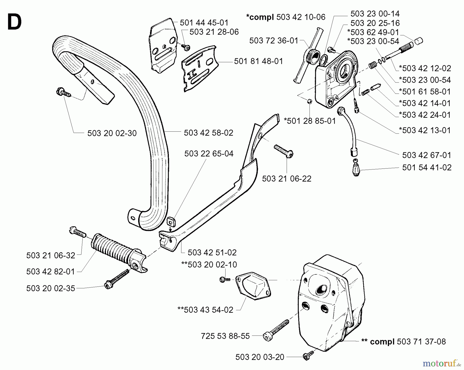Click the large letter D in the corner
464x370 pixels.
point(15,22)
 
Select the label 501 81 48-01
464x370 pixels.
point(258,61)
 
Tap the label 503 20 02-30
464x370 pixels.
point(112,133)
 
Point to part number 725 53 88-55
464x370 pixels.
point(225,336)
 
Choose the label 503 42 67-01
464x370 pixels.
point(427,155)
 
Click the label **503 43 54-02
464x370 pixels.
point(205,310)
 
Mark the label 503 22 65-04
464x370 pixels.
point(209,154)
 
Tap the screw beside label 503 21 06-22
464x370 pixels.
point(284,151)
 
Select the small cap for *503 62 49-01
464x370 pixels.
point(419,41)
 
